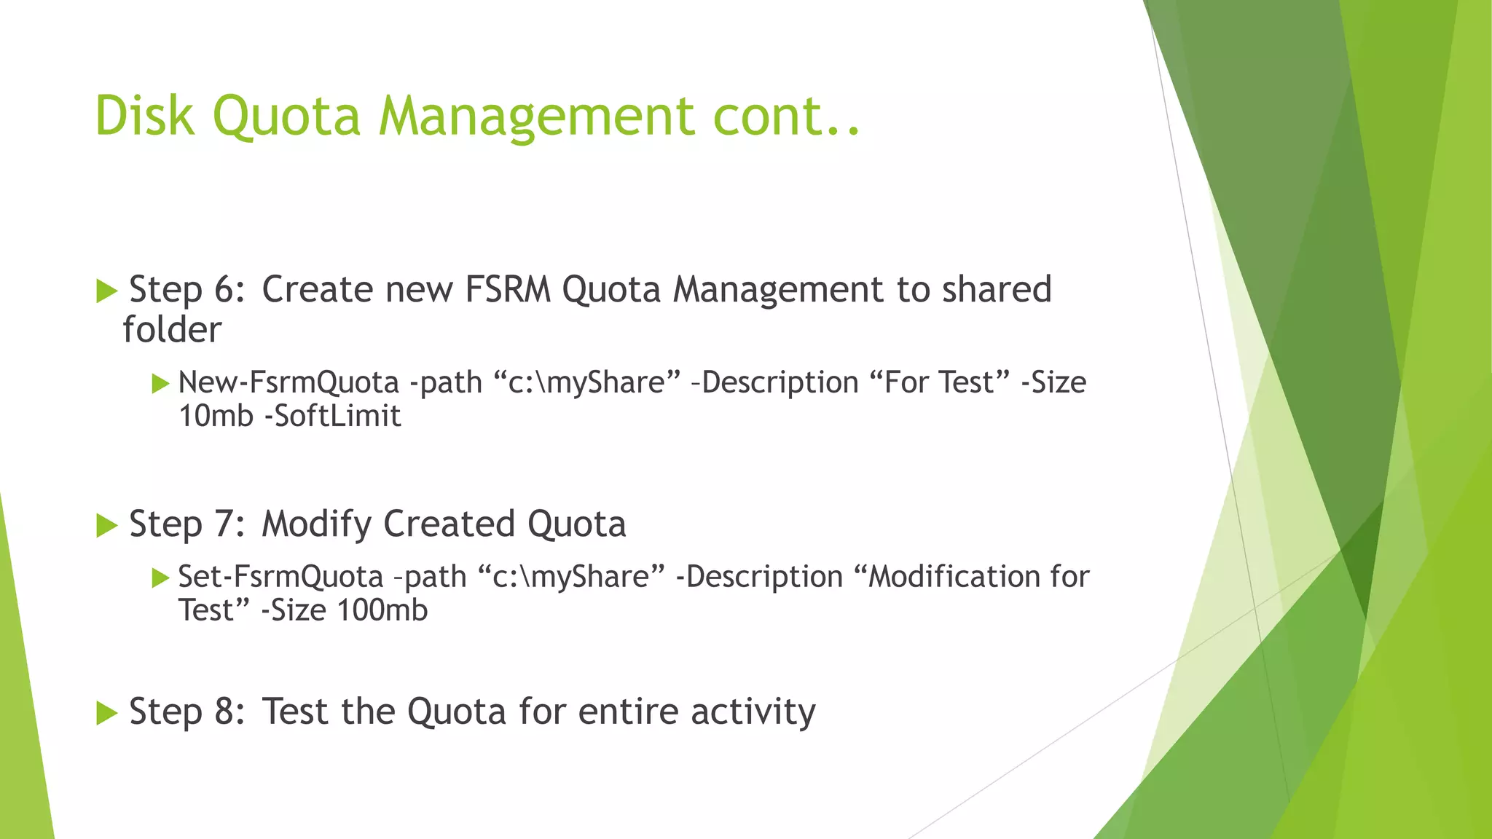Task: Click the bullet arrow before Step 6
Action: pos(106,291)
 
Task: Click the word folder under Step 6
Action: pos(172,329)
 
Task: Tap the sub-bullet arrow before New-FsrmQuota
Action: pos(160,384)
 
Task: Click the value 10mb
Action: pos(216,416)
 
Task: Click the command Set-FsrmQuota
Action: pos(280,577)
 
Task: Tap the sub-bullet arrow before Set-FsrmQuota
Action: pos(160,578)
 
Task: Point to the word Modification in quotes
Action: pos(954,577)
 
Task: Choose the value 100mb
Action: pos(382,610)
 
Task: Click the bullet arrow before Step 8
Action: pos(106,713)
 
